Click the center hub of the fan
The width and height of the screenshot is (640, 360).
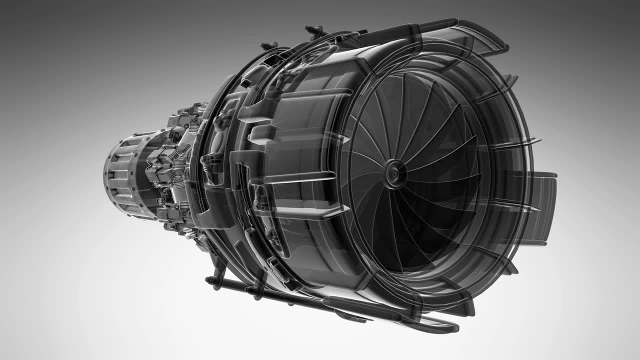(394, 173)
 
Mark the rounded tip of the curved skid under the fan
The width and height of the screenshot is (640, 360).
(452, 327)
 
